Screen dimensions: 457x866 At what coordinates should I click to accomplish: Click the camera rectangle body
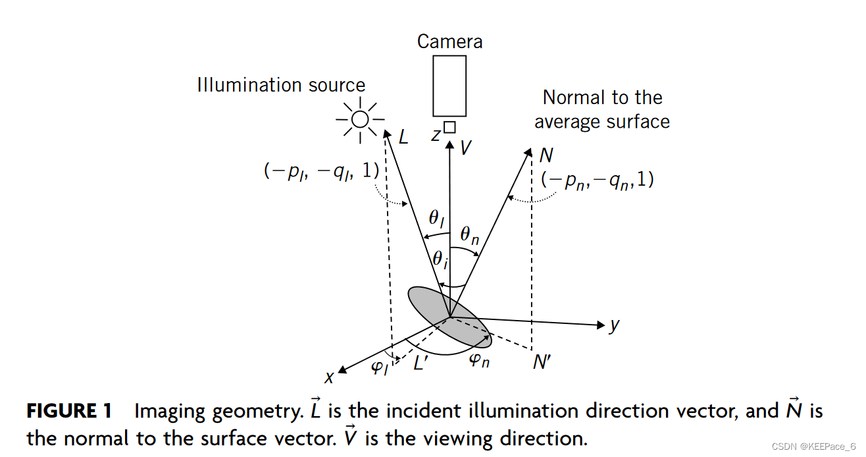[x=449, y=86]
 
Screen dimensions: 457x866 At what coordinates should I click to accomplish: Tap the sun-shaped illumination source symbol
[x=360, y=119]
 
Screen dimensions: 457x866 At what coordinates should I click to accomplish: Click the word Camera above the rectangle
[x=449, y=41]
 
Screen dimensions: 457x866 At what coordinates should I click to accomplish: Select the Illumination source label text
[x=281, y=85]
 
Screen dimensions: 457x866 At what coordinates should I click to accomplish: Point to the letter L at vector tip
[x=404, y=137]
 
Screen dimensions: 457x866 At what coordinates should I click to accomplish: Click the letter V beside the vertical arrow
[x=466, y=148]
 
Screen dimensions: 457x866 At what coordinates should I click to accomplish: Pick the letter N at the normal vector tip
[x=546, y=155]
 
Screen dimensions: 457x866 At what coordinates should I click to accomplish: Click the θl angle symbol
[x=438, y=218]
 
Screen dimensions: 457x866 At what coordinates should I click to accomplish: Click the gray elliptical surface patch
[x=449, y=316]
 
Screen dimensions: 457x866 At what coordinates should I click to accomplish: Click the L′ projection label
[x=421, y=362]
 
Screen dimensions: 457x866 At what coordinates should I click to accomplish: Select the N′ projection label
[x=542, y=362]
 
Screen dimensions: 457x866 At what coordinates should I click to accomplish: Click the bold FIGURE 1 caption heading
[x=69, y=412]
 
